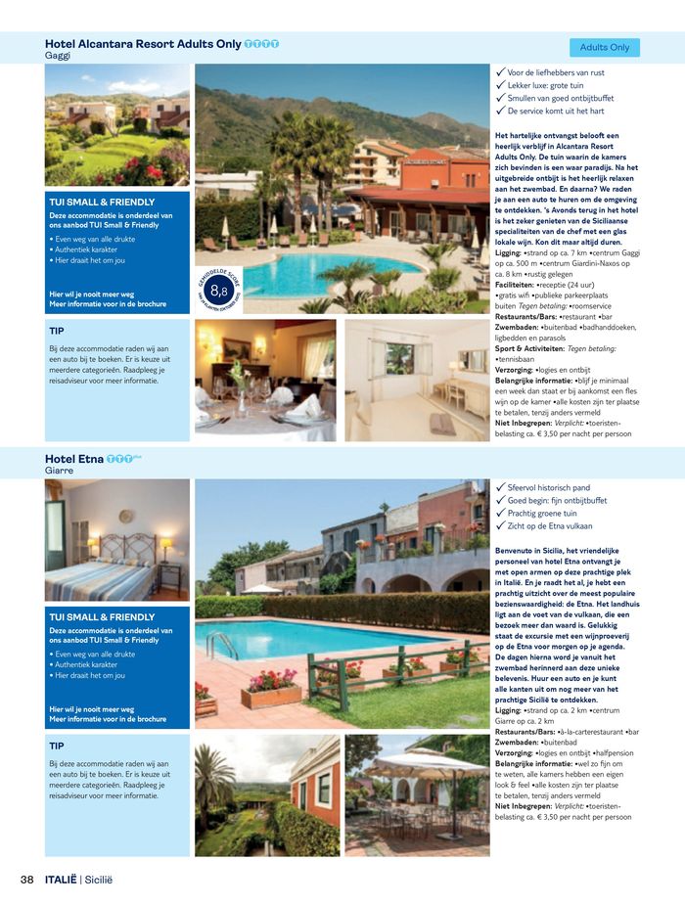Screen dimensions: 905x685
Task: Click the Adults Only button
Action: click(604, 47)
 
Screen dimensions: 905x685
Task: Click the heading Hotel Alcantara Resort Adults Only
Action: click(143, 44)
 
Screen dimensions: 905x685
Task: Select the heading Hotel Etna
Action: click(75, 458)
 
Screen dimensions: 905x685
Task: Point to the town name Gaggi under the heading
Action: click(59, 56)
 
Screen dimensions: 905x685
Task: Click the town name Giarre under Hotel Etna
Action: click(60, 471)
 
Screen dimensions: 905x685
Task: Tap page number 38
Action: click(27, 880)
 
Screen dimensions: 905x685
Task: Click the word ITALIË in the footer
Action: click(60, 880)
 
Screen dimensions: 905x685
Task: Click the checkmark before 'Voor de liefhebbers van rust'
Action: click(500, 72)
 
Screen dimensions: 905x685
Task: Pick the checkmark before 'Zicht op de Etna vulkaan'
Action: click(500, 526)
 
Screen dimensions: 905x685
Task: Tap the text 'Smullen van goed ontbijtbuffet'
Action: click(561, 98)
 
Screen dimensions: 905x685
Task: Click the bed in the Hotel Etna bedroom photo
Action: click(98, 576)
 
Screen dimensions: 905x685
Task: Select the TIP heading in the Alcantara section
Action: click(57, 331)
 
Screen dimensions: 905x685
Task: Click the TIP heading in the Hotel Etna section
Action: click(57, 746)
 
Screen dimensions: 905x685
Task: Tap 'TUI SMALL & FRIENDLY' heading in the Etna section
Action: click(102, 617)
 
